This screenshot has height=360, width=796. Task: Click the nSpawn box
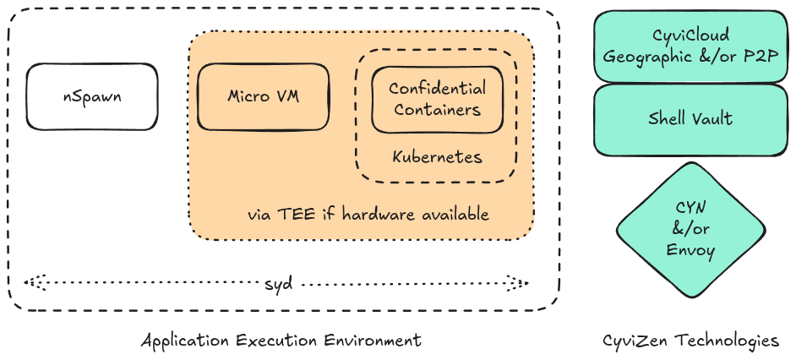click(x=91, y=96)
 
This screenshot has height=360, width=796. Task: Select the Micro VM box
click(x=263, y=96)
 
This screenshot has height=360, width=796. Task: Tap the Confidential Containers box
click(x=437, y=99)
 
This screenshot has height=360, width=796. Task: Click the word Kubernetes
click(x=437, y=157)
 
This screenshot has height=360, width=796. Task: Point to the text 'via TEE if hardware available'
click(x=368, y=214)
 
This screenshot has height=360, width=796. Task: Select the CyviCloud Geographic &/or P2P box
click(x=690, y=46)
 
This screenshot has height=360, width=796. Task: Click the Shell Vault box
click(x=690, y=118)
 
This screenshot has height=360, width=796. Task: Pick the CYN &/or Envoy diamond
click(x=690, y=229)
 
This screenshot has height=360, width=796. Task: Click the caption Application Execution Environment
click(x=281, y=341)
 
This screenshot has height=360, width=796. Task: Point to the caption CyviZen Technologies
click(x=690, y=341)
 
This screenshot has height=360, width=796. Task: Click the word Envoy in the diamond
click(x=690, y=251)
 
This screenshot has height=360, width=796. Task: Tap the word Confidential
click(x=437, y=88)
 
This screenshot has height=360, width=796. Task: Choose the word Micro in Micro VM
click(x=248, y=96)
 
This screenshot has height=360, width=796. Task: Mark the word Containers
click(x=437, y=109)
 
